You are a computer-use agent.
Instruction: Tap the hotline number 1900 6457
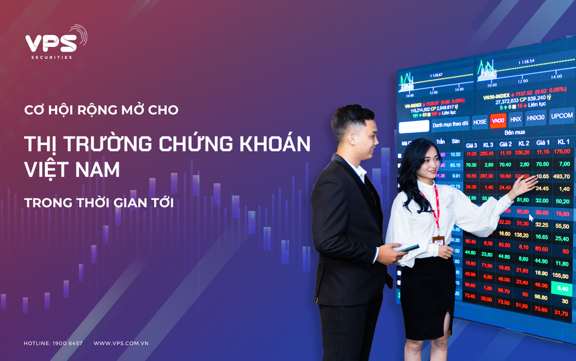click(68, 343)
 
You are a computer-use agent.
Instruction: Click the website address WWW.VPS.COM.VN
click(121, 343)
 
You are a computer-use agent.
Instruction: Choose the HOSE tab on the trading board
click(480, 122)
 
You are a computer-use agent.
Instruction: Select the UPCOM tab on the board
click(561, 116)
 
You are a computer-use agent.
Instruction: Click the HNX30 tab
click(535, 118)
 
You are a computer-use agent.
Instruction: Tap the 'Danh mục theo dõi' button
click(450, 124)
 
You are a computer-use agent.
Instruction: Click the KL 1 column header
click(563, 142)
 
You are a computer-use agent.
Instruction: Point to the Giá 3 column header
click(472, 146)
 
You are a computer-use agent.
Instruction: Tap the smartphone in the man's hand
click(407, 248)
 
